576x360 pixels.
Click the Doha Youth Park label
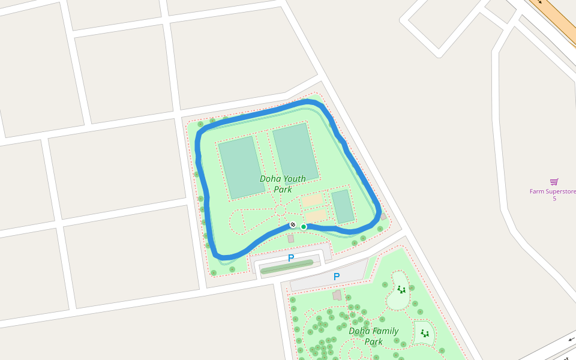(x=283, y=184)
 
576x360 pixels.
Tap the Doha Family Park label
(x=373, y=336)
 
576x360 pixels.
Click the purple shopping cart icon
(x=554, y=182)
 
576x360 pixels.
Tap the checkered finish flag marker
(x=293, y=224)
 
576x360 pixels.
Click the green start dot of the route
(x=304, y=227)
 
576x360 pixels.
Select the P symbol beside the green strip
(x=291, y=259)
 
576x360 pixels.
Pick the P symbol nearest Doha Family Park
(x=337, y=277)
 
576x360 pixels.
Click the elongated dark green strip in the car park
(x=287, y=267)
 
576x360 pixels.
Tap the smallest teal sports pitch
(x=343, y=206)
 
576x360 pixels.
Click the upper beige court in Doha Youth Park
(x=312, y=200)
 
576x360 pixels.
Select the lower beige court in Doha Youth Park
(x=316, y=214)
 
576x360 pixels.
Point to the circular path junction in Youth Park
(x=280, y=210)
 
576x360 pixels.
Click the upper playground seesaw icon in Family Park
(x=401, y=290)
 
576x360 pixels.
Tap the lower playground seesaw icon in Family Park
(x=425, y=333)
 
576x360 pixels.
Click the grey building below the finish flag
(x=291, y=239)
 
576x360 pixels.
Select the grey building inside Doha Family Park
(x=337, y=295)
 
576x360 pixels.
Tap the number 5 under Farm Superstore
(x=554, y=199)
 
